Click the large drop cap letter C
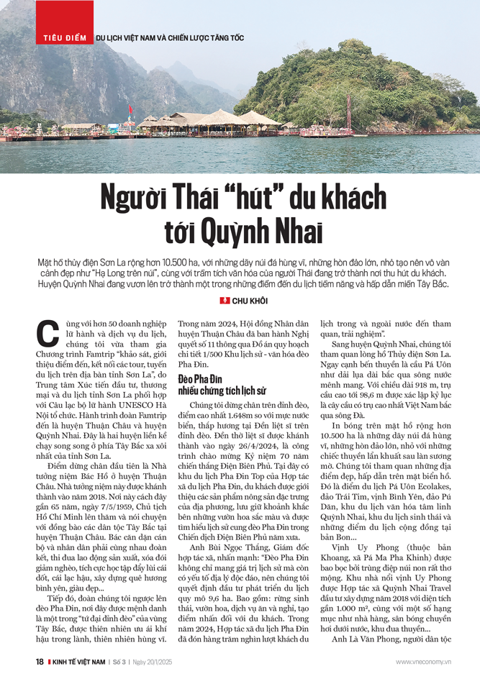tap(47, 337)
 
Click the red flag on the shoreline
tap(130, 111)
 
